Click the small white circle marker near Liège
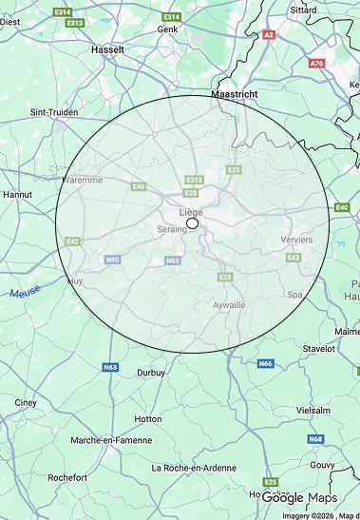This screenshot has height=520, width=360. pos(192,223)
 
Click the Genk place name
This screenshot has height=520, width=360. pos(167,29)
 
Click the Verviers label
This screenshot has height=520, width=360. pos(296,240)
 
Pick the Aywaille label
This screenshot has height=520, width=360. pos(229,304)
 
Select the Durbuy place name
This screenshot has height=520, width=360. pos(153,373)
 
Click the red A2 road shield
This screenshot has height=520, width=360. pos(268,34)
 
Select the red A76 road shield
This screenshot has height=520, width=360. pos(316,63)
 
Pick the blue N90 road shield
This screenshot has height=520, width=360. pos(112,260)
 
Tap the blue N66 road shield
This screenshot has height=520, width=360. pos(266,363)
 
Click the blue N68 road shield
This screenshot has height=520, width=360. pos(314,439)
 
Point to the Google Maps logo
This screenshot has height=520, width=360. pos(299,498)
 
